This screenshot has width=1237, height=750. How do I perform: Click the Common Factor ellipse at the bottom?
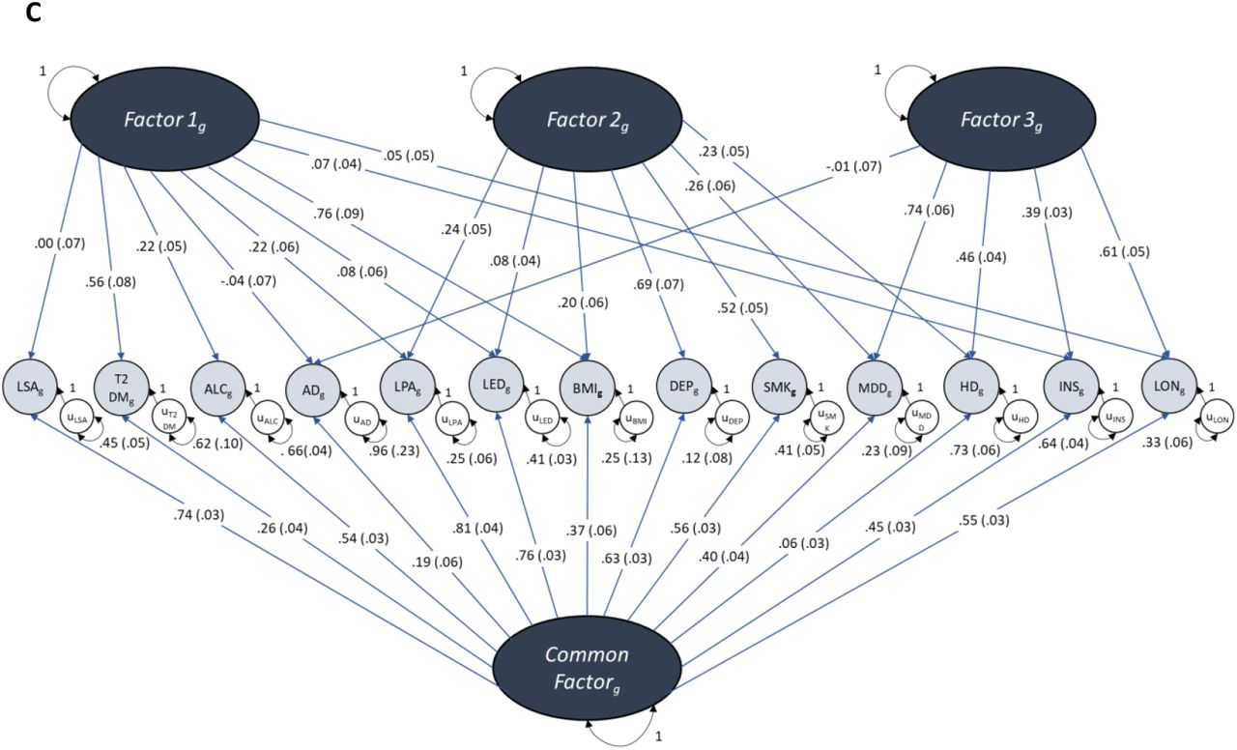[x=587, y=668]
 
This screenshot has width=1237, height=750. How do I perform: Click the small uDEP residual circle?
[x=734, y=419]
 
